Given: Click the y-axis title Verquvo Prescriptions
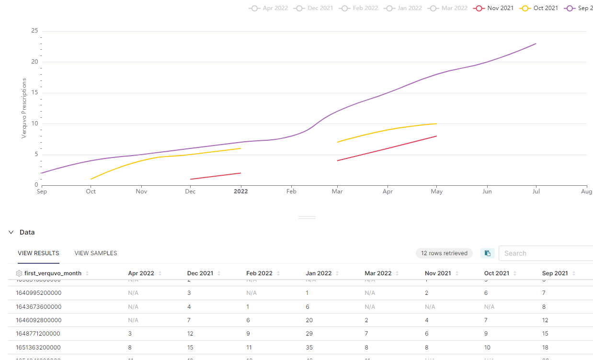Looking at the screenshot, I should (24, 108).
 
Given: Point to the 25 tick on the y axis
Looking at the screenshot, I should (34, 31).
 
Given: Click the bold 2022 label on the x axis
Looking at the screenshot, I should (240, 191).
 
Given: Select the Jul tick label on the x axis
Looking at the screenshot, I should (536, 191).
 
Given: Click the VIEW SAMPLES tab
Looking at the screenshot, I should (96, 253).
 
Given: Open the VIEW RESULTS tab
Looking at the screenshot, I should (38, 253).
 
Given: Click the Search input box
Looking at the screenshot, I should (546, 253).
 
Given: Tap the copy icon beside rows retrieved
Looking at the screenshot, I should (488, 253).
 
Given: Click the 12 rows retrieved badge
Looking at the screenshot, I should (444, 253).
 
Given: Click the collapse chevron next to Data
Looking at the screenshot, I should (11, 232).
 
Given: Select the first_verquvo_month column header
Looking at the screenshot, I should (53, 273).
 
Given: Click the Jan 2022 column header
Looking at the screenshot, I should (319, 273).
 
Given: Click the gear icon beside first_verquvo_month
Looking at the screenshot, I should (19, 273).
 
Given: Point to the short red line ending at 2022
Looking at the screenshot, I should (216, 176).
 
